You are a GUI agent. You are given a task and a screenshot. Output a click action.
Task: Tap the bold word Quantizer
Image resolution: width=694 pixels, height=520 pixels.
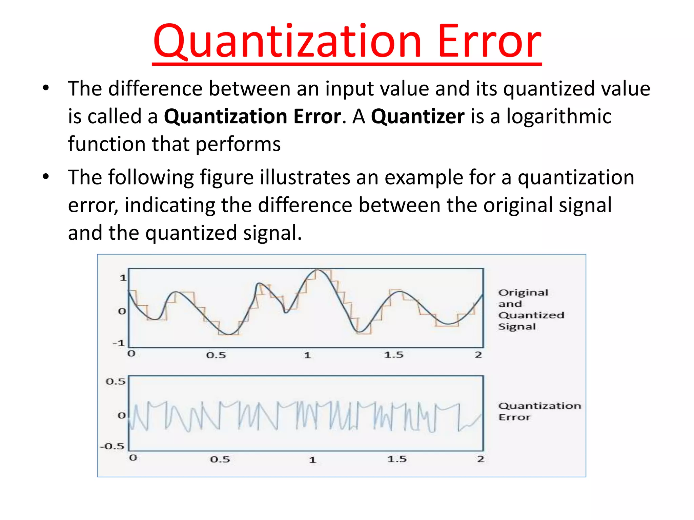pyautogui.click(x=417, y=116)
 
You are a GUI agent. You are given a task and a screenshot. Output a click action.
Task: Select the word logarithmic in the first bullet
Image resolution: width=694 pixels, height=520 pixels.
pyautogui.click(x=559, y=116)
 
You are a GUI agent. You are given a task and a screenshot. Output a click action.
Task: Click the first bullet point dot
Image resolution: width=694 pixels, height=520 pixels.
pyautogui.click(x=46, y=88)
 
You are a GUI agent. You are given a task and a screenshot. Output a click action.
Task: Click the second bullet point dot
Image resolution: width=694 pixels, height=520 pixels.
pyautogui.click(x=46, y=177)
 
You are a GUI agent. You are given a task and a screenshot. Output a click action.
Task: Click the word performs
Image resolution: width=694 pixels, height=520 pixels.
pyautogui.click(x=238, y=144)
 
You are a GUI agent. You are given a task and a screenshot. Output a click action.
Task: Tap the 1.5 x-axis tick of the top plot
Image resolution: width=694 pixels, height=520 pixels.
pyautogui.click(x=394, y=355)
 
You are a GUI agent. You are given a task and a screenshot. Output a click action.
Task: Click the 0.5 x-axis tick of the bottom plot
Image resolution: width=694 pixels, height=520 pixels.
pyautogui.click(x=220, y=459)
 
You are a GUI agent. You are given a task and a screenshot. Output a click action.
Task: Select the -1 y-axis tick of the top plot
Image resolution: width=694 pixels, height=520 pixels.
pyautogui.click(x=119, y=343)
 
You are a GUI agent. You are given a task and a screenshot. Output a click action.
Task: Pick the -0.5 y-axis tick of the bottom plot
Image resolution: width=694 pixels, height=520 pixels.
pyautogui.click(x=113, y=446)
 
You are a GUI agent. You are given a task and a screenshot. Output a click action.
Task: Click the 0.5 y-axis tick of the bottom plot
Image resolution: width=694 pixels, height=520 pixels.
pyautogui.click(x=116, y=382)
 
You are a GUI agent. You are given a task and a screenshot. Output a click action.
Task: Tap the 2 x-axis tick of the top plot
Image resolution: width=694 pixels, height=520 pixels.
pyautogui.click(x=478, y=355)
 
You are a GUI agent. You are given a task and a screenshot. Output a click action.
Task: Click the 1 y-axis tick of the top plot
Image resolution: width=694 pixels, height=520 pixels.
pyautogui.click(x=123, y=278)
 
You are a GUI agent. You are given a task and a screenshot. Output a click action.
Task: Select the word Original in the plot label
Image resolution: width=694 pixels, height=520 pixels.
pyautogui.click(x=523, y=292)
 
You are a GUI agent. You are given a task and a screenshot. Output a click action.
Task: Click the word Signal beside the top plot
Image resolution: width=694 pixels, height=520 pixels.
pyautogui.click(x=517, y=327)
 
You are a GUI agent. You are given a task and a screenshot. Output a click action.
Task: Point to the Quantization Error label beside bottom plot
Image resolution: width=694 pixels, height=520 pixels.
pyautogui.click(x=539, y=411)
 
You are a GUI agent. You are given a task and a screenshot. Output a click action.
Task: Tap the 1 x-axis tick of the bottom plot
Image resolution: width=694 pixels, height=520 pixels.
pyautogui.click(x=312, y=460)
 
